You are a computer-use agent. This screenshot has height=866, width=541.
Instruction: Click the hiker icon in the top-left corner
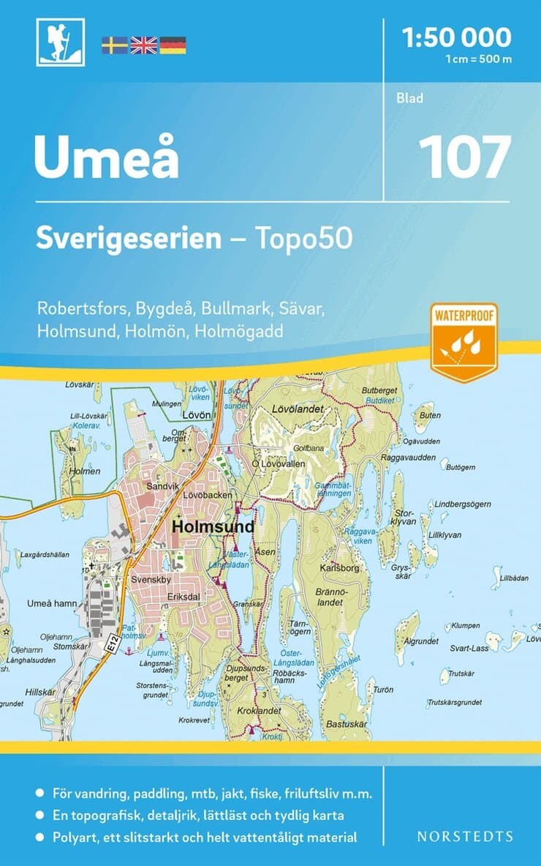coord(60,42)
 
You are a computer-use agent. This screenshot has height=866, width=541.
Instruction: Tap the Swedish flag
coord(114,45)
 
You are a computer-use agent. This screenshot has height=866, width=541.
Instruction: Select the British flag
coord(143,45)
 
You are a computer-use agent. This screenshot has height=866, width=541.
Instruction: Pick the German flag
coord(173,45)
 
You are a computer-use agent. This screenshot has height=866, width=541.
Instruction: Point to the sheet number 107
coord(464,157)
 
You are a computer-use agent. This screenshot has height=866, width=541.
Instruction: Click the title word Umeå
coord(107,157)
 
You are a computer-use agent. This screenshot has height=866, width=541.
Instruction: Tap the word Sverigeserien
coord(129,239)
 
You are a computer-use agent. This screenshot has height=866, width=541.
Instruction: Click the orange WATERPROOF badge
coord(464,340)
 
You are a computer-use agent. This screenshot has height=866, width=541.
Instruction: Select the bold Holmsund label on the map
coord(213,526)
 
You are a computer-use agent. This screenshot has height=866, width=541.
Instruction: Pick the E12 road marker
coord(111,643)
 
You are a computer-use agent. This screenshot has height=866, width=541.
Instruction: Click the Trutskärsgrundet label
coord(455,703)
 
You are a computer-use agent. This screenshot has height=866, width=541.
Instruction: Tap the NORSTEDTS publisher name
coord(464,836)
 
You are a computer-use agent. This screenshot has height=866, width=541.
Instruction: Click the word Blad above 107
coord(410,98)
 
